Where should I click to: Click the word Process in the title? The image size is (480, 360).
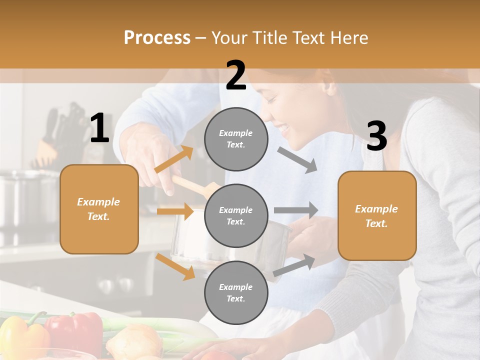click(x=157, y=38)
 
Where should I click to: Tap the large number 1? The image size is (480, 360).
click(x=99, y=128)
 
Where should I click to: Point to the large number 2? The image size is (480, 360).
click(x=236, y=75)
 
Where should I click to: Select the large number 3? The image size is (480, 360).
click(x=376, y=136)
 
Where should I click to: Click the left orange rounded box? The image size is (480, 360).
click(x=99, y=209)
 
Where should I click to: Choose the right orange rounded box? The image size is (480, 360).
click(x=377, y=216)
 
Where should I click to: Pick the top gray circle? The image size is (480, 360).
click(x=236, y=139)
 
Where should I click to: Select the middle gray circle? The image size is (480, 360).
click(x=236, y=215)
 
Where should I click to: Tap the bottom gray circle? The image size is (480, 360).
click(x=236, y=292)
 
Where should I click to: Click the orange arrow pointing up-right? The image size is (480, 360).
click(x=173, y=159)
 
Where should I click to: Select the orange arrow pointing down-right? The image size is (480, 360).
click(x=175, y=266)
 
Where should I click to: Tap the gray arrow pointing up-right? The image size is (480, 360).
click(x=294, y=265)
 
